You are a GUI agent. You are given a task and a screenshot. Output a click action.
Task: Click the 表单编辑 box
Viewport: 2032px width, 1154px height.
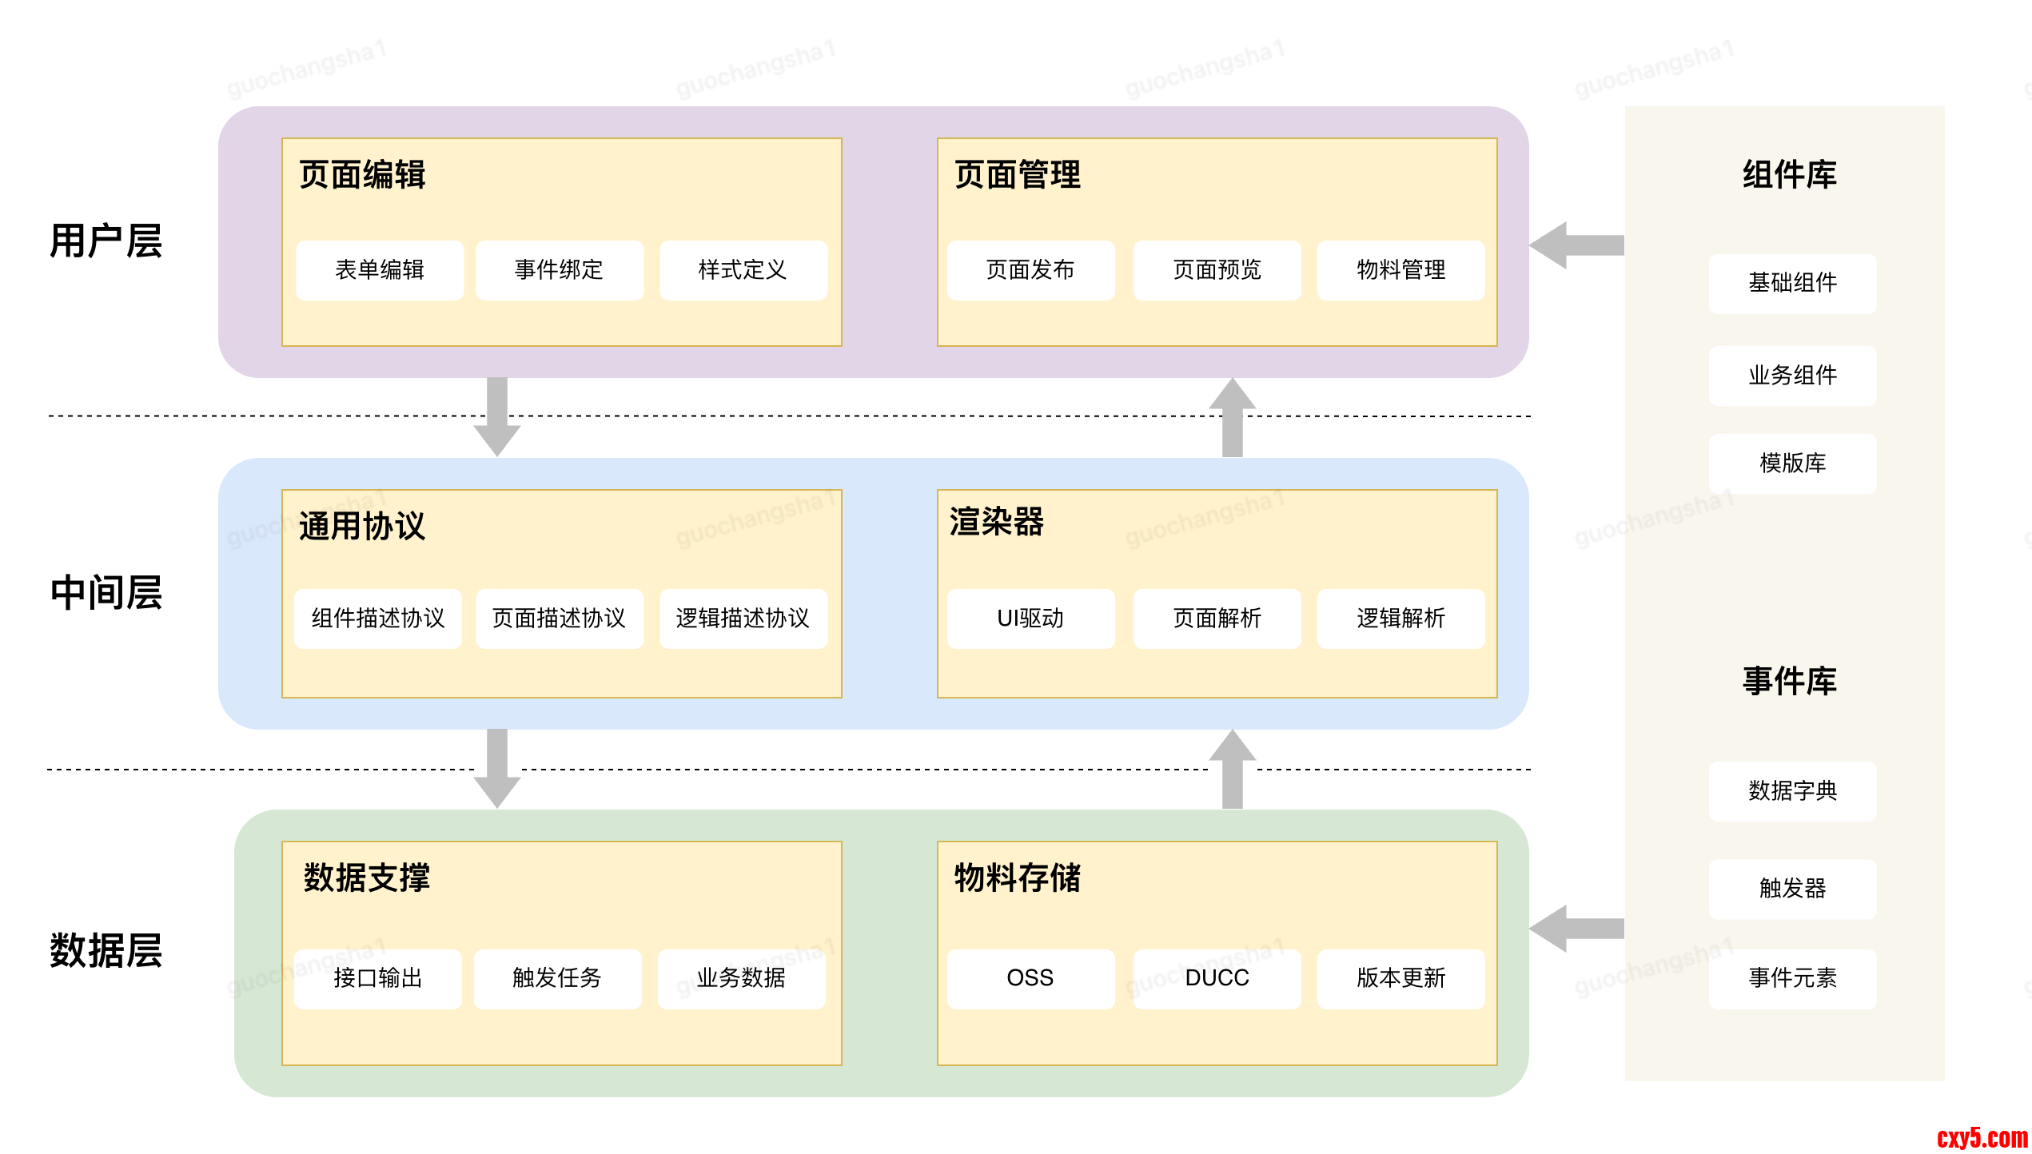coord(380,270)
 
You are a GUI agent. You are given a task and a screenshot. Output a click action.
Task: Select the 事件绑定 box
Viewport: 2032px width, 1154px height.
coord(560,270)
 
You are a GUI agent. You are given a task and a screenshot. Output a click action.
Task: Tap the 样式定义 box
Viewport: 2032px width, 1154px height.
coord(743,270)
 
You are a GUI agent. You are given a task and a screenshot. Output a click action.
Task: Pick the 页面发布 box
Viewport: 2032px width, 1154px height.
coord(1030,270)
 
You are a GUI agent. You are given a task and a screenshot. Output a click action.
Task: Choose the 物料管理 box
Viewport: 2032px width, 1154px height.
coord(1400,270)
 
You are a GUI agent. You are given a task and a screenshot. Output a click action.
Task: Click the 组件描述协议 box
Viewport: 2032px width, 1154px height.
coord(378,619)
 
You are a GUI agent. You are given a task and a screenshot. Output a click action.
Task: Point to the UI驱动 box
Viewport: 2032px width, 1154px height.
coord(1030,619)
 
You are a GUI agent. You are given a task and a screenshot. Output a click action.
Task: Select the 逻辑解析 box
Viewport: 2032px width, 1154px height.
coord(1400,619)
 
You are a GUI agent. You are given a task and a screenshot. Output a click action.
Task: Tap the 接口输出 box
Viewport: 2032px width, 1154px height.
coord(378,978)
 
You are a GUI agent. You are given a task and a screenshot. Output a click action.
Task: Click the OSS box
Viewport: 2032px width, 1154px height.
coord(1030,978)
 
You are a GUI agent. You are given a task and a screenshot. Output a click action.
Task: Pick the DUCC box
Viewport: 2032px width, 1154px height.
coord(1217,978)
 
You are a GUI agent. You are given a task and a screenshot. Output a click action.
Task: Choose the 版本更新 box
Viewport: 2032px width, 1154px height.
coord(1400,978)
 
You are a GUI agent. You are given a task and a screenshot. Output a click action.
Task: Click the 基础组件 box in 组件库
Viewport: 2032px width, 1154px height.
coord(1792,283)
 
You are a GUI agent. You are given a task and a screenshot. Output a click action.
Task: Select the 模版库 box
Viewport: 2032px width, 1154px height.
coord(1792,464)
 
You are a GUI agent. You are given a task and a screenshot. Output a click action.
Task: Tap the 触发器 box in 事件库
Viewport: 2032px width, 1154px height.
coord(1792,889)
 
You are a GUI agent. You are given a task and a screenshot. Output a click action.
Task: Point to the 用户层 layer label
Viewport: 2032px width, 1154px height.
coord(106,241)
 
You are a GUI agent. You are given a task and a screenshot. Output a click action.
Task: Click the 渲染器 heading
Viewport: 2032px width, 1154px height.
coord(997,523)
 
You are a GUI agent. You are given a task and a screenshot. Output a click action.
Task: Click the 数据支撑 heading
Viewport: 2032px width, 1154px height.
coord(367,877)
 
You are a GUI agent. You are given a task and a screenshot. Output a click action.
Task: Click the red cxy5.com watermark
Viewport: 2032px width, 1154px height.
coord(1982,1137)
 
